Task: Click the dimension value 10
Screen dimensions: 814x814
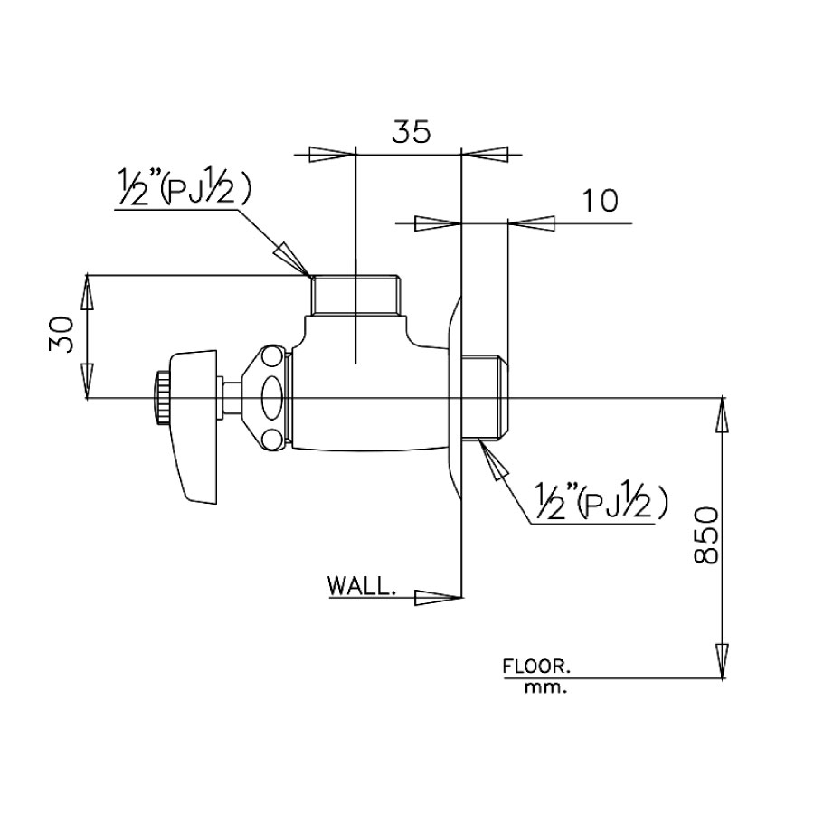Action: click(600, 200)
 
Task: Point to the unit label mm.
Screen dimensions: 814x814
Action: click(544, 687)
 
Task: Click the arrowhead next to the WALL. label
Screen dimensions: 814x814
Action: click(434, 596)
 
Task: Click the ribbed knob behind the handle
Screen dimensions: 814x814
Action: click(162, 398)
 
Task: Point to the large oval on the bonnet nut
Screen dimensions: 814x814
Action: click(271, 397)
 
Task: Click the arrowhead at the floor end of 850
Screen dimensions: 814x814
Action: click(723, 660)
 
